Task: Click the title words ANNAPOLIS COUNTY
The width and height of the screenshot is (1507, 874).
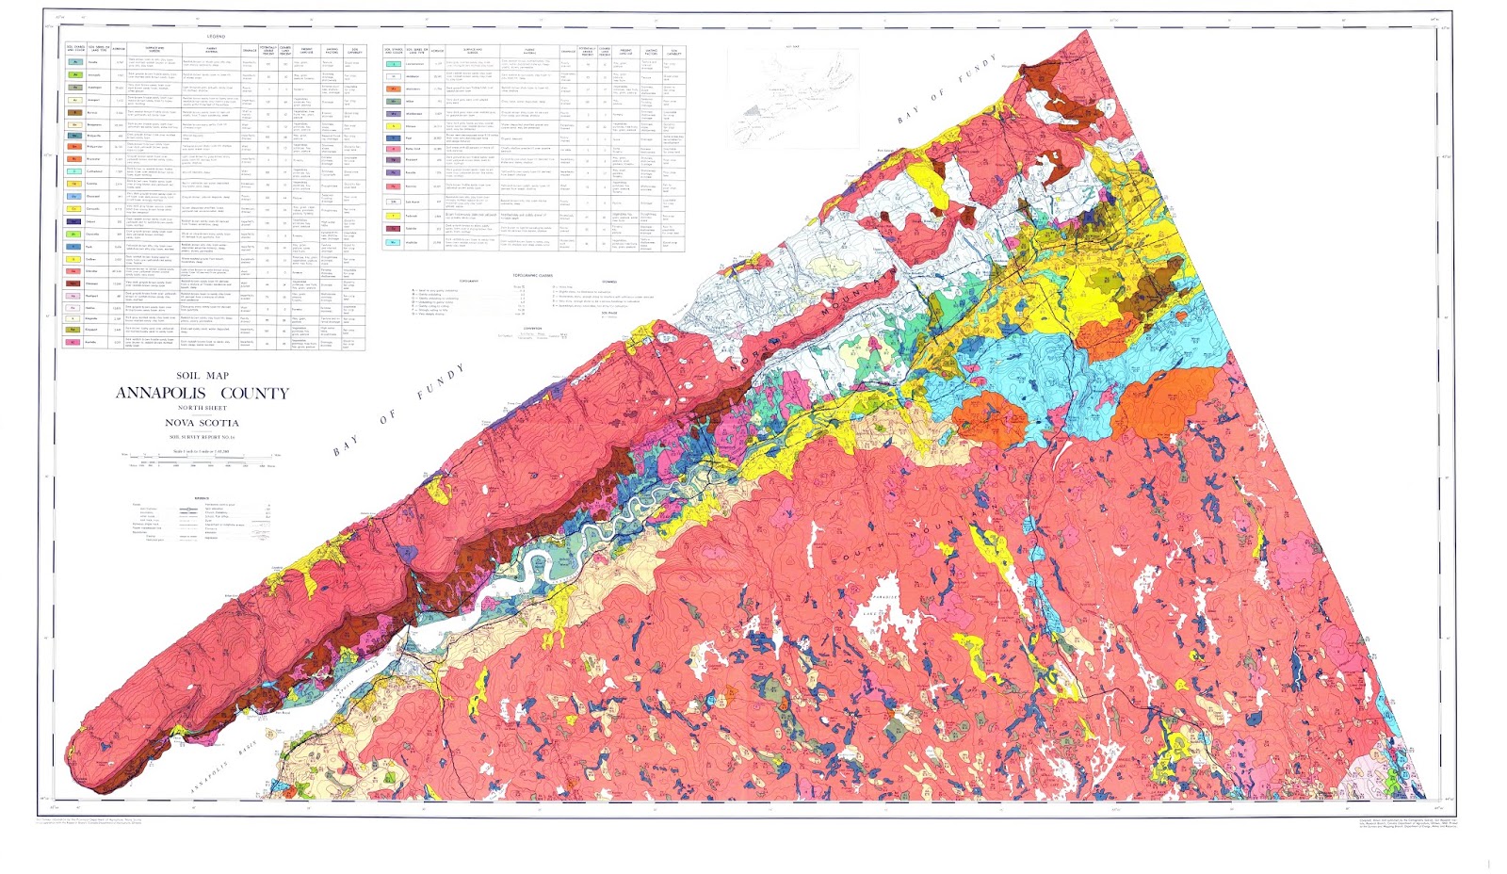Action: (x=203, y=393)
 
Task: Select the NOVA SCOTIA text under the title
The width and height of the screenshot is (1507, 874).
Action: (x=202, y=423)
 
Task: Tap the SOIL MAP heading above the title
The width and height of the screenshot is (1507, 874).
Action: (x=203, y=376)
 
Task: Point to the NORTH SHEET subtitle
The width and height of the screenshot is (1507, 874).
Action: (x=203, y=408)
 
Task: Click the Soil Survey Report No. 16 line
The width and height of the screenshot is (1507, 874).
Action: (x=202, y=437)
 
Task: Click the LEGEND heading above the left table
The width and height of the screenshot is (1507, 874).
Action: (x=216, y=36)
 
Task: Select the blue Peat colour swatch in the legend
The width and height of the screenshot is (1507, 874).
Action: (x=394, y=138)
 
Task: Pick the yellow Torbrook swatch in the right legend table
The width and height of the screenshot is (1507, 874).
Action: (x=394, y=216)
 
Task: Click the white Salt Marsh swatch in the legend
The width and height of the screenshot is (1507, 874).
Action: (x=394, y=202)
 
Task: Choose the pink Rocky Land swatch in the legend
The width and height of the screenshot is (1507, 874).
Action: (x=394, y=149)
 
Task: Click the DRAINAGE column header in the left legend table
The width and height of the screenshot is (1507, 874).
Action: (x=250, y=50)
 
